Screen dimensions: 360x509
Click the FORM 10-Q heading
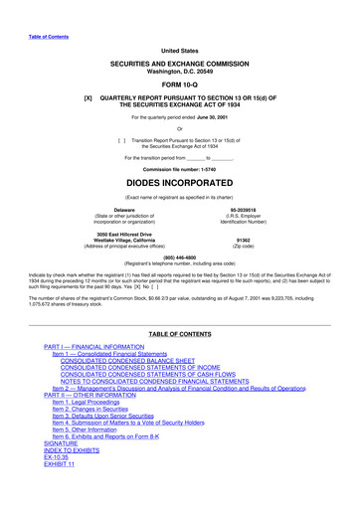(179, 85)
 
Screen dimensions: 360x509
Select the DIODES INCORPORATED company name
(180, 185)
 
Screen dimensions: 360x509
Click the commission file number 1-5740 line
(180, 168)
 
